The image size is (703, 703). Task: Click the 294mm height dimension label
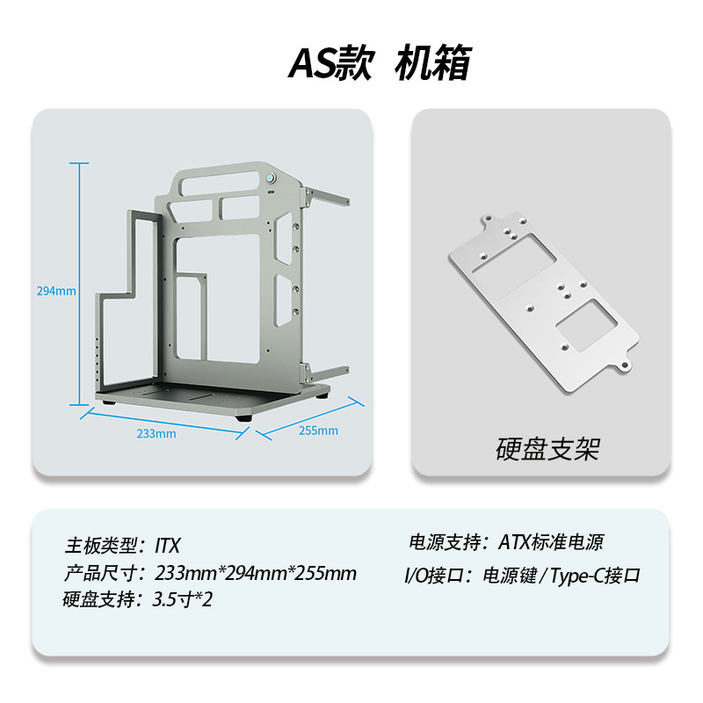pos(56,291)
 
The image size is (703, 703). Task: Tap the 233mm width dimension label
pos(156,433)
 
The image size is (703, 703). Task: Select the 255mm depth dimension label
pos(318,431)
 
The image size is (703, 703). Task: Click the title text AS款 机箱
pos(380,64)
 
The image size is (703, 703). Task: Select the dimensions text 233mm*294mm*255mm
pos(255,574)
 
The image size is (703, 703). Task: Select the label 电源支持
pos(443,542)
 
